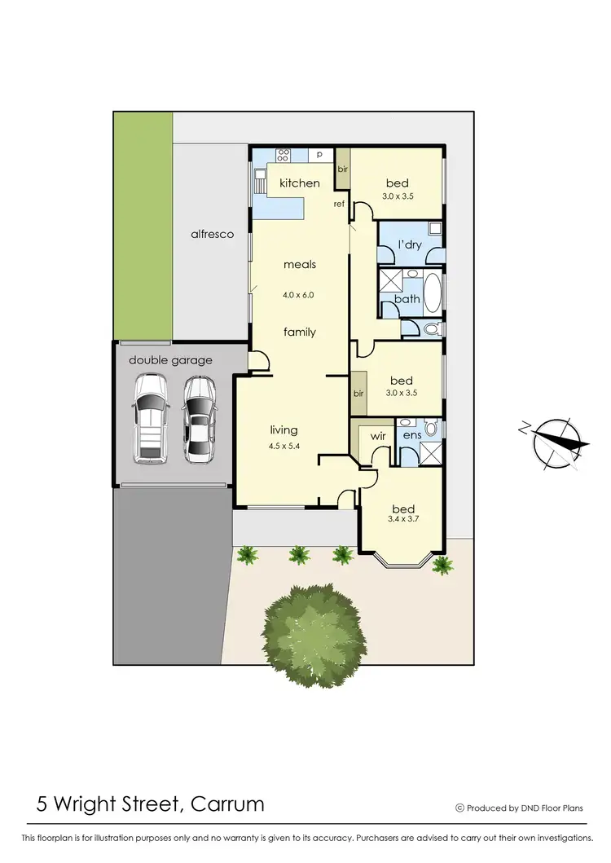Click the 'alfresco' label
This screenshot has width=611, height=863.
(212, 234)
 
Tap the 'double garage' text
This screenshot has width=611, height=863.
(170, 359)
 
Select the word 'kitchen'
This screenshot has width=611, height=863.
(300, 183)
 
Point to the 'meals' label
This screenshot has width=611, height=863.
(300, 264)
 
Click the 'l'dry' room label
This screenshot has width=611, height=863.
(407, 245)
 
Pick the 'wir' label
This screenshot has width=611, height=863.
(378, 436)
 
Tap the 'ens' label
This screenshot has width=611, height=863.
(411, 436)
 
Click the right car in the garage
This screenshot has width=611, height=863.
(199, 418)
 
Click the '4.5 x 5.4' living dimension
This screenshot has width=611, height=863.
(284, 446)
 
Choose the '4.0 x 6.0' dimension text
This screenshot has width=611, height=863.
(299, 295)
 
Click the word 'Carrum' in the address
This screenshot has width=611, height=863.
(226, 804)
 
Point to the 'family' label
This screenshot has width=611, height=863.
(300, 332)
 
